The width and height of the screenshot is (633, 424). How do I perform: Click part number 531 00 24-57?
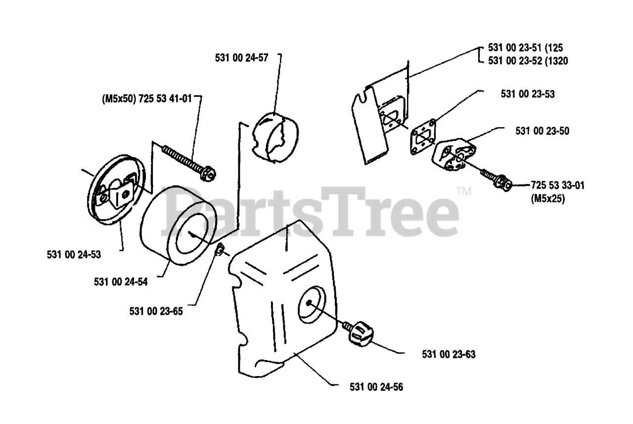[x=241, y=57]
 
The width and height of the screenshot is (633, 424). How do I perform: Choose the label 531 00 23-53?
[x=528, y=94]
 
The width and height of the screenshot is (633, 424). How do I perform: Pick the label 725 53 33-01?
[x=557, y=186]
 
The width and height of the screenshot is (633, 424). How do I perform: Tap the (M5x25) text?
[x=548, y=199]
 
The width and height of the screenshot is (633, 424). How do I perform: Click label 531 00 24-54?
[x=120, y=282]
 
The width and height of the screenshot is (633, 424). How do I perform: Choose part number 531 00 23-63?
[x=449, y=354]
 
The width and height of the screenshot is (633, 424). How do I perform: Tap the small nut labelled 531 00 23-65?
[x=220, y=250]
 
